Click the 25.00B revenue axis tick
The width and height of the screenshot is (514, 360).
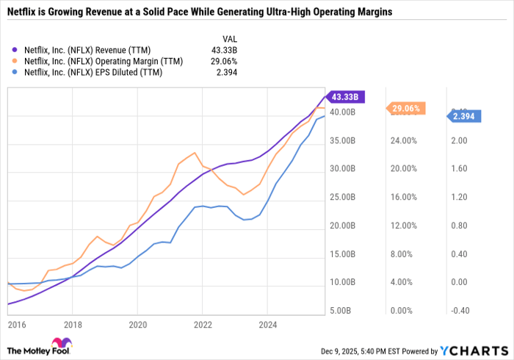[342, 198]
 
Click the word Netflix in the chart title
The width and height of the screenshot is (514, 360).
[23, 12]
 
